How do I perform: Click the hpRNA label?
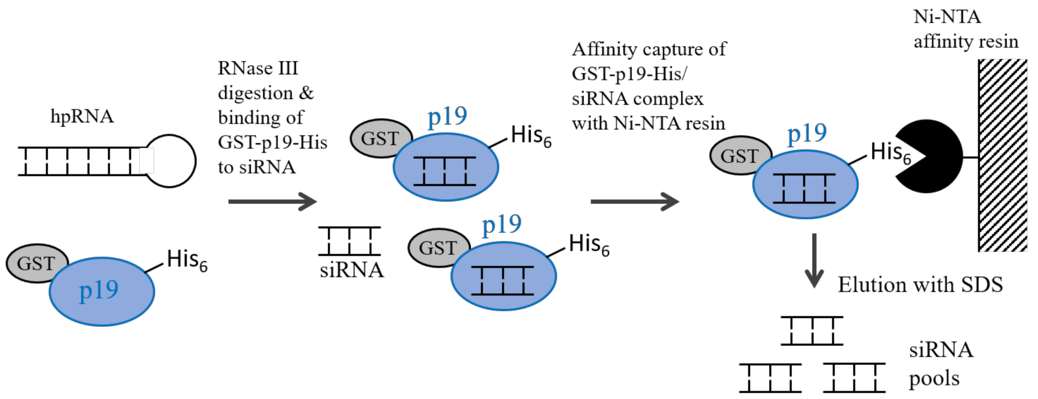click(82, 116)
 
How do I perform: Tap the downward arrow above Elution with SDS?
click(814, 260)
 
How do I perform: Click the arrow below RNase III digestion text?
click(273, 201)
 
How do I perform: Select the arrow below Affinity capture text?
click(634, 201)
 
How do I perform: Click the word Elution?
click(869, 285)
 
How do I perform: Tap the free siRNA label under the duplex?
click(351, 270)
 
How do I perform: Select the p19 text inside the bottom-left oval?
click(99, 290)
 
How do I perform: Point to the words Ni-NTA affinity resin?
click(965, 29)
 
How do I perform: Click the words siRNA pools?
click(941, 364)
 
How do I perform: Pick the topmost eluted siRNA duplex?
click(812, 331)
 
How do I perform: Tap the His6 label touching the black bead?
click(890, 152)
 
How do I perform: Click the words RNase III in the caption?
click(258, 68)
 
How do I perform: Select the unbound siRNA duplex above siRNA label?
click(350, 241)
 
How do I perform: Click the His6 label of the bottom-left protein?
click(187, 260)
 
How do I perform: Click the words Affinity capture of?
click(649, 50)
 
